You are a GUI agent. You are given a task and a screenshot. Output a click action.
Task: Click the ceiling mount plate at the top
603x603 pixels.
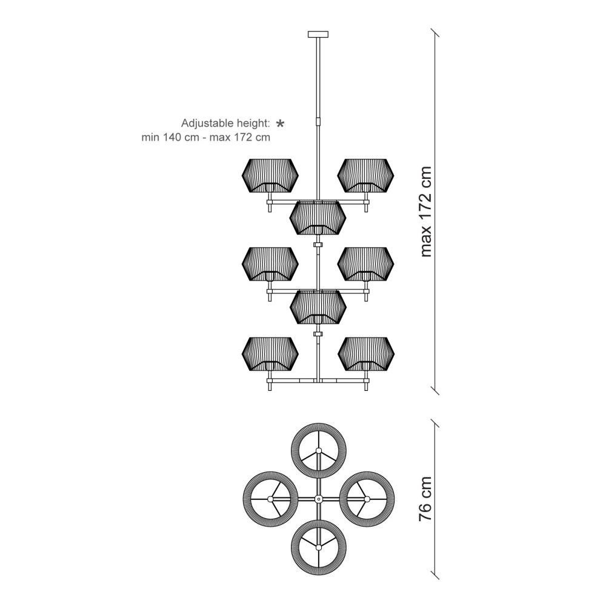[318, 34]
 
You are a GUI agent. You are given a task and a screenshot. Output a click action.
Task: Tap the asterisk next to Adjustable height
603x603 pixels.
[281, 124]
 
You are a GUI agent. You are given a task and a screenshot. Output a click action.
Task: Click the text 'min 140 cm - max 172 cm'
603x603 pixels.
[205, 138]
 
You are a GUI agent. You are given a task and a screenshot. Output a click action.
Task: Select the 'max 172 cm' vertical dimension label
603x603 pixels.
[426, 212]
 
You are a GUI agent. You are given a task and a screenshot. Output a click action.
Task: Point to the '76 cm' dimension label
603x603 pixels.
[425, 499]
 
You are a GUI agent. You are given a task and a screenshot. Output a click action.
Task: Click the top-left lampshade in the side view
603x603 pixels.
[270, 175]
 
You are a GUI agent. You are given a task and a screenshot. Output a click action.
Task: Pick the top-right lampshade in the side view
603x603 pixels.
[365, 175]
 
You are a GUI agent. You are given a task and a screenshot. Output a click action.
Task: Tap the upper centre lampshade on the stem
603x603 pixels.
[318, 218]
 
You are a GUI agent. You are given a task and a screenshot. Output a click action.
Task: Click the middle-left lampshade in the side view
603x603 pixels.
[270, 264]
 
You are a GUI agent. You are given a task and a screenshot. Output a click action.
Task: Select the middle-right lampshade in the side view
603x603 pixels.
[365, 264]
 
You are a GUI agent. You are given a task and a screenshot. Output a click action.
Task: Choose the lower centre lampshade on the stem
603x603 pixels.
[318, 307]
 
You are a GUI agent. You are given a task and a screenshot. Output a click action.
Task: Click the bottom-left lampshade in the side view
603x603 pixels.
[270, 354]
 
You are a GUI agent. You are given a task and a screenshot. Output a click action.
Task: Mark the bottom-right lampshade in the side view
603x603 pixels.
[365, 354]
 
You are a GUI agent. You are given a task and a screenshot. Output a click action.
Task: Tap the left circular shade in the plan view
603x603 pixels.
[270, 499]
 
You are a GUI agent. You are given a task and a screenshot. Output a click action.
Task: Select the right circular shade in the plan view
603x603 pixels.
[367, 499]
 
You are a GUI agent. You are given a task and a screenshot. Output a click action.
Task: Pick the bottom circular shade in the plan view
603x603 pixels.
[318, 547]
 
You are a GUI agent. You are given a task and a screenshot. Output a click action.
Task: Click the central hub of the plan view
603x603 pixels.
[318, 499]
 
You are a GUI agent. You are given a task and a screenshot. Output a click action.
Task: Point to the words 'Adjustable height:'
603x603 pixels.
[225, 124]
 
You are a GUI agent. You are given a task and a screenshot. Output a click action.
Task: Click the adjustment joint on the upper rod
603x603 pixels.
[318, 119]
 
